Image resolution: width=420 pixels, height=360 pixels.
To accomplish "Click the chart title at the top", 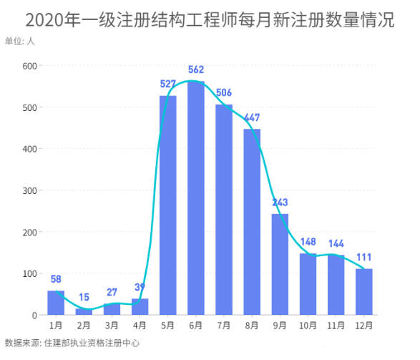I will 210,19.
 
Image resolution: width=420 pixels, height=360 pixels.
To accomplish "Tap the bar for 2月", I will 84,311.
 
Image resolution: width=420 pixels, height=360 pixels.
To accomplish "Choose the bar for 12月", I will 363,292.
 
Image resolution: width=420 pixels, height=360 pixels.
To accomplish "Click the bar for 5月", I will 168,205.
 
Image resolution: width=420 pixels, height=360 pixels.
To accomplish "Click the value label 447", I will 252,118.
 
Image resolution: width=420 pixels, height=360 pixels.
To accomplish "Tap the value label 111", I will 363,258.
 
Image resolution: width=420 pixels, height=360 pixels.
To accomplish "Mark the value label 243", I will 280,203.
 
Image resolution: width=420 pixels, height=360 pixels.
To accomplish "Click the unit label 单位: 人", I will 19,41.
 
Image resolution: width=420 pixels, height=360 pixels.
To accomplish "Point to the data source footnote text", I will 72,344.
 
